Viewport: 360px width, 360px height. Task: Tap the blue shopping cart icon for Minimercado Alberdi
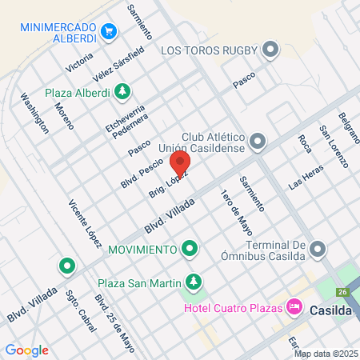coord(110,32)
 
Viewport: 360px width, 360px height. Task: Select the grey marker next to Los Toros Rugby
coord(270,50)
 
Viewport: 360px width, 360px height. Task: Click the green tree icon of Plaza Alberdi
coord(122,90)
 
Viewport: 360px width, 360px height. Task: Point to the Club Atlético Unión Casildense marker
coord(258,142)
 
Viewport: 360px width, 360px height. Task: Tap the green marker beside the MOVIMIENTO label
coord(190,250)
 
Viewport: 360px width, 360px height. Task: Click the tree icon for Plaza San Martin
coord(193,282)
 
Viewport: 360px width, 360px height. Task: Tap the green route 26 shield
coord(343,292)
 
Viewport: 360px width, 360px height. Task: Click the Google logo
coord(26,350)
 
